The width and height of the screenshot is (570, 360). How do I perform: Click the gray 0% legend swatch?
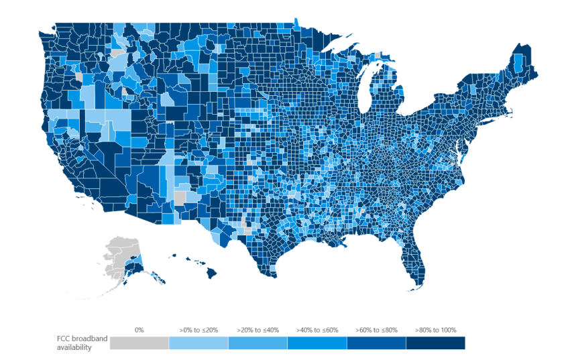point(139,343)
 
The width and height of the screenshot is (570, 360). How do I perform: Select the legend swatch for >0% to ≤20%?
point(198,343)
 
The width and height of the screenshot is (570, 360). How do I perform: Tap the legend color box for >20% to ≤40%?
point(258,343)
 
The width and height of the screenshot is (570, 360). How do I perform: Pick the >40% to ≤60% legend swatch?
point(317,343)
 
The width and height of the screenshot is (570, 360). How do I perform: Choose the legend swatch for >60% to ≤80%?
point(376,343)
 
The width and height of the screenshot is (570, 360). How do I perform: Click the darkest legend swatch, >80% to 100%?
point(435,343)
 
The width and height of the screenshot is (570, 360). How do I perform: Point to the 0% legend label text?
point(139,330)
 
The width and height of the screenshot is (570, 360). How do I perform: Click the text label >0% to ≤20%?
point(198,330)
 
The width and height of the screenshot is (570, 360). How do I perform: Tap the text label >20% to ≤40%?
point(258,330)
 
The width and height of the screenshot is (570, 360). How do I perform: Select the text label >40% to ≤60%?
point(317,330)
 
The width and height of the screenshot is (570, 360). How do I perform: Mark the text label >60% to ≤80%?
point(376,330)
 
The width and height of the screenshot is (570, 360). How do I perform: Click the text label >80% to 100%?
point(435,330)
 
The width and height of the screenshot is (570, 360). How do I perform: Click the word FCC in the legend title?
point(63,339)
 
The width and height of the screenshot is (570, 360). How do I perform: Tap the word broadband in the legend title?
point(90,339)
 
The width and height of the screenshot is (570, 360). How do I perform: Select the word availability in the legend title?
point(74,347)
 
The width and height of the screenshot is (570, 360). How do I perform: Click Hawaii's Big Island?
point(212,272)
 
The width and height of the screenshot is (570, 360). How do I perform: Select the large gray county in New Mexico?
point(180,198)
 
